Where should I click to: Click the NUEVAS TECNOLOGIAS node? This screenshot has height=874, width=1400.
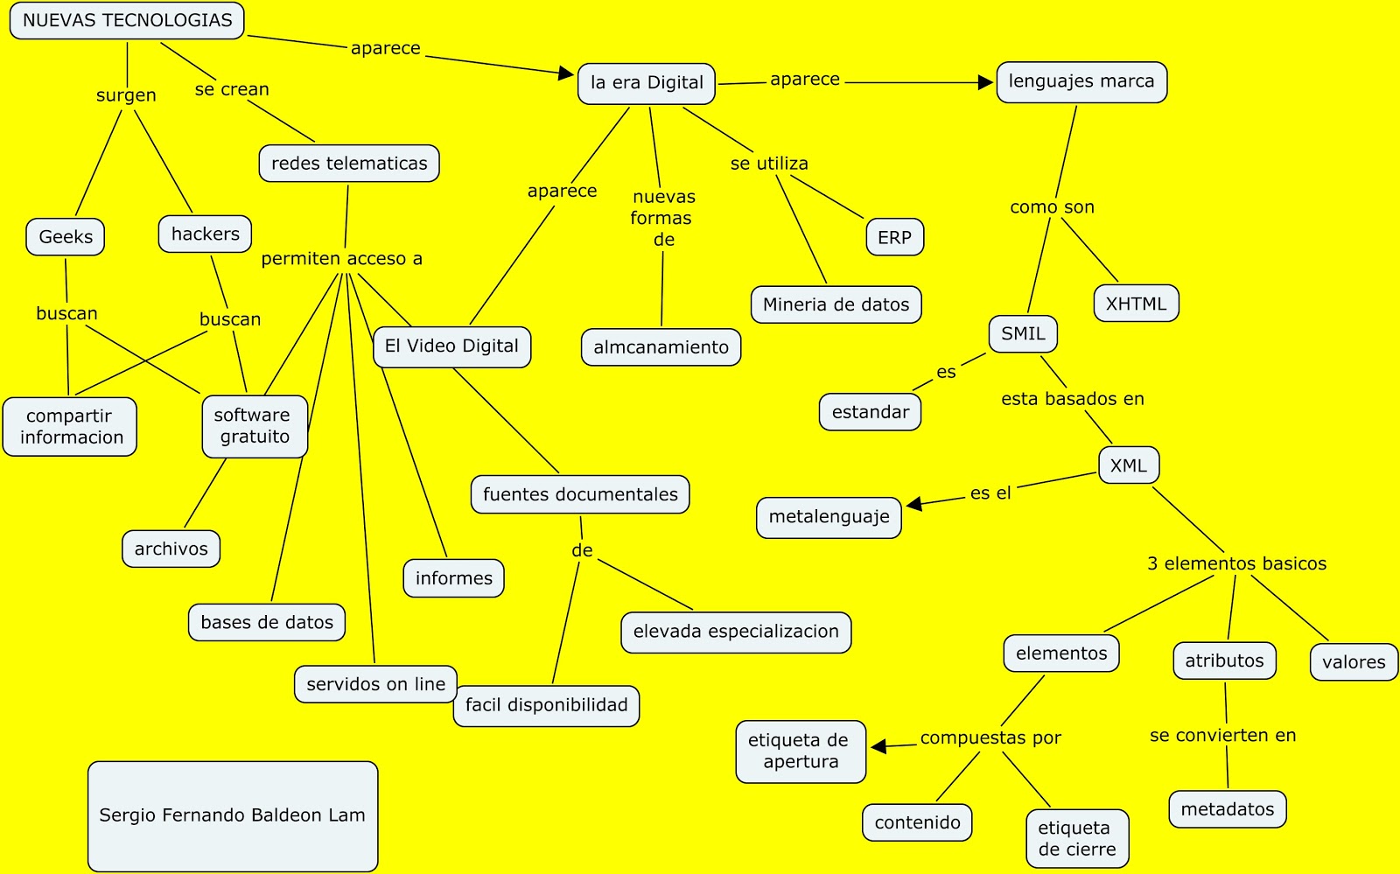pos(127,21)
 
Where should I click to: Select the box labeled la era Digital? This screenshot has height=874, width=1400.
pos(647,83)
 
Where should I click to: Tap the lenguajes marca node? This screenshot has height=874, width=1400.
pos(1081,82)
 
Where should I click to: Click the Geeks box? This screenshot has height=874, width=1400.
pos(66,237)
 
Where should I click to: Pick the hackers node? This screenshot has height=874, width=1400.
pos(206,234)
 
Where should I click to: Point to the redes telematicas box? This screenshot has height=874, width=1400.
pos(349,164)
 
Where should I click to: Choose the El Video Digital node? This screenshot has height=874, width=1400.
pos(451,346)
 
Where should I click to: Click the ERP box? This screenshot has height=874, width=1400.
pos(894,238)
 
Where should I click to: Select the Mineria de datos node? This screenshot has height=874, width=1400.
pos(836,305)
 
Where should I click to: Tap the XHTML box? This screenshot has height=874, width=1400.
pos(1136,304)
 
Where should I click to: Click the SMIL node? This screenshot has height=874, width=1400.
pos(1023,334)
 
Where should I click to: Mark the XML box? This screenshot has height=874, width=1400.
pos(1128,466)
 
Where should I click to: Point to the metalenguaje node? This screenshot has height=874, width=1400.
pos(829,517)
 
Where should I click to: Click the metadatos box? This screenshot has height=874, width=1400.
pos(1227,810)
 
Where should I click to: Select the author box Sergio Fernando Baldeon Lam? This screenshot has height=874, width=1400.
pos(233,815)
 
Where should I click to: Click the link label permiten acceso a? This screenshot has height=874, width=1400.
pos(341,259)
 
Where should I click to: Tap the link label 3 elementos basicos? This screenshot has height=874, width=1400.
pos(1236,564)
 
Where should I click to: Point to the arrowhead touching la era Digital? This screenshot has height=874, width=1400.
pos(566,73)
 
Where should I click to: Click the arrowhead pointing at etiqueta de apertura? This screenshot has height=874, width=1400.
pos(879,746)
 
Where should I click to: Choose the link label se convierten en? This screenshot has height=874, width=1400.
pos(1222,736)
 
